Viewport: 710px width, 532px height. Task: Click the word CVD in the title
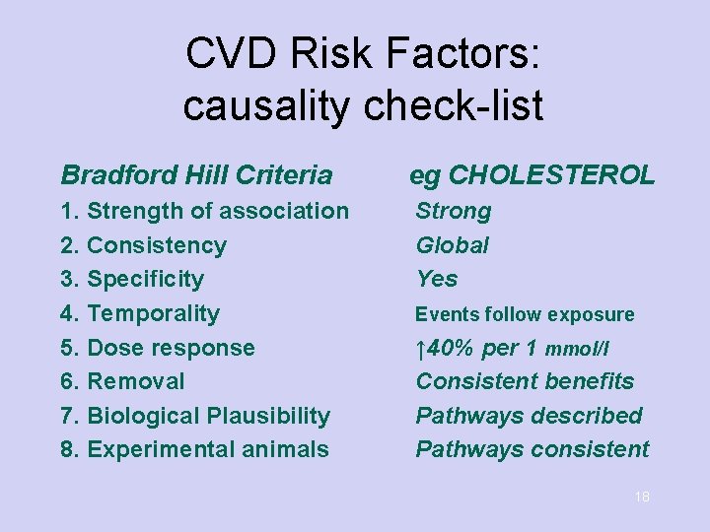pos(230,54)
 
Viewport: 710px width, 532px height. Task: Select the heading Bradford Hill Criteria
pos(196,175)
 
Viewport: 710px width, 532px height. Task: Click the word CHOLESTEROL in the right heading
pos(550,175)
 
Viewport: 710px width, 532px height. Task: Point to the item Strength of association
pos(218,211)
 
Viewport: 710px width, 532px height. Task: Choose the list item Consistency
pos(157,245)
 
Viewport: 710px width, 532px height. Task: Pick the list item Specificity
pos(145,279)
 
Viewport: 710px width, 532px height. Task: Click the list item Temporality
pos(153,313)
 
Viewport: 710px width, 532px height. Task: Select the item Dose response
pos(171,348)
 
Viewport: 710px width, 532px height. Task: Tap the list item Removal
pos(136,381)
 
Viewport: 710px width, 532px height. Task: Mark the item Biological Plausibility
pos(208,416)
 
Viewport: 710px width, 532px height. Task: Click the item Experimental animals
pos(208,449)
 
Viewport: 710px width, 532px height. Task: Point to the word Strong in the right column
pos(454,211)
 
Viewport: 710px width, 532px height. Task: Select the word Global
pos(453,245)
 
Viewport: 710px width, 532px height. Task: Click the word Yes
pos(437,279)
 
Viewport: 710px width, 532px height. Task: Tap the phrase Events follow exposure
pos(525,314)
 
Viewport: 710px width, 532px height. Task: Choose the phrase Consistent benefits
pos(525,381)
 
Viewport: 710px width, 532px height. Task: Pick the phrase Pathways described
pos(529,416)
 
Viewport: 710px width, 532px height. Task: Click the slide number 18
pos(642,498)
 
